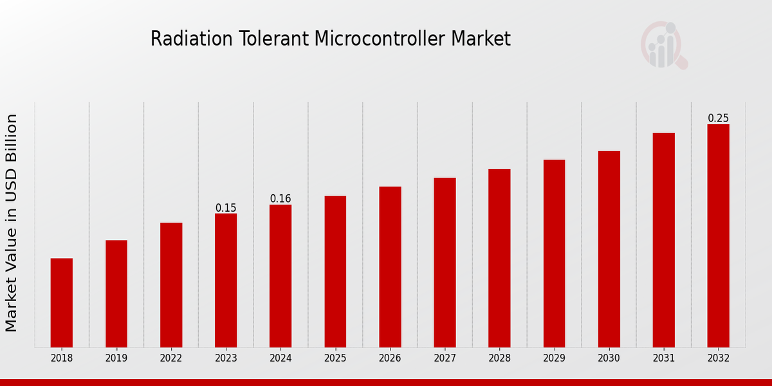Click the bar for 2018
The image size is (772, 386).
coord(62,302)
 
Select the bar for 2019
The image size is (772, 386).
coord(116,293)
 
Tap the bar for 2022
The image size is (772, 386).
coord(171,284)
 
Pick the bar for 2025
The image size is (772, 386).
coord(335,271)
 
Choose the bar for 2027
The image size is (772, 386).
coord(445,262)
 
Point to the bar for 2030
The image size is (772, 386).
coord(609,249)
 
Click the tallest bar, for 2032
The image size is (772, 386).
coord(718,235)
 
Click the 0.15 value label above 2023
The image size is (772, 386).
coord(226,208)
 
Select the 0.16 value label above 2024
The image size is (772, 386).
coord(280,199)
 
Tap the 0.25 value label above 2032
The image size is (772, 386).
coord(718,118)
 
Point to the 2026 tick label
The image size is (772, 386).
coord(390,358)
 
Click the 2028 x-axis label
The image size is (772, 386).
coord(499,358)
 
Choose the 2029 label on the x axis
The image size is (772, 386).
coord(554,358)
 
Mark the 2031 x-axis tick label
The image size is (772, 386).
coord(663,358)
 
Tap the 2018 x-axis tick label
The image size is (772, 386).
coord(62,358)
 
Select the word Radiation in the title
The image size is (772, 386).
coord(183,39)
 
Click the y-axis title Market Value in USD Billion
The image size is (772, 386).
coord(12,223)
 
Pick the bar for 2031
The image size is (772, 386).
coord(663,240)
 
